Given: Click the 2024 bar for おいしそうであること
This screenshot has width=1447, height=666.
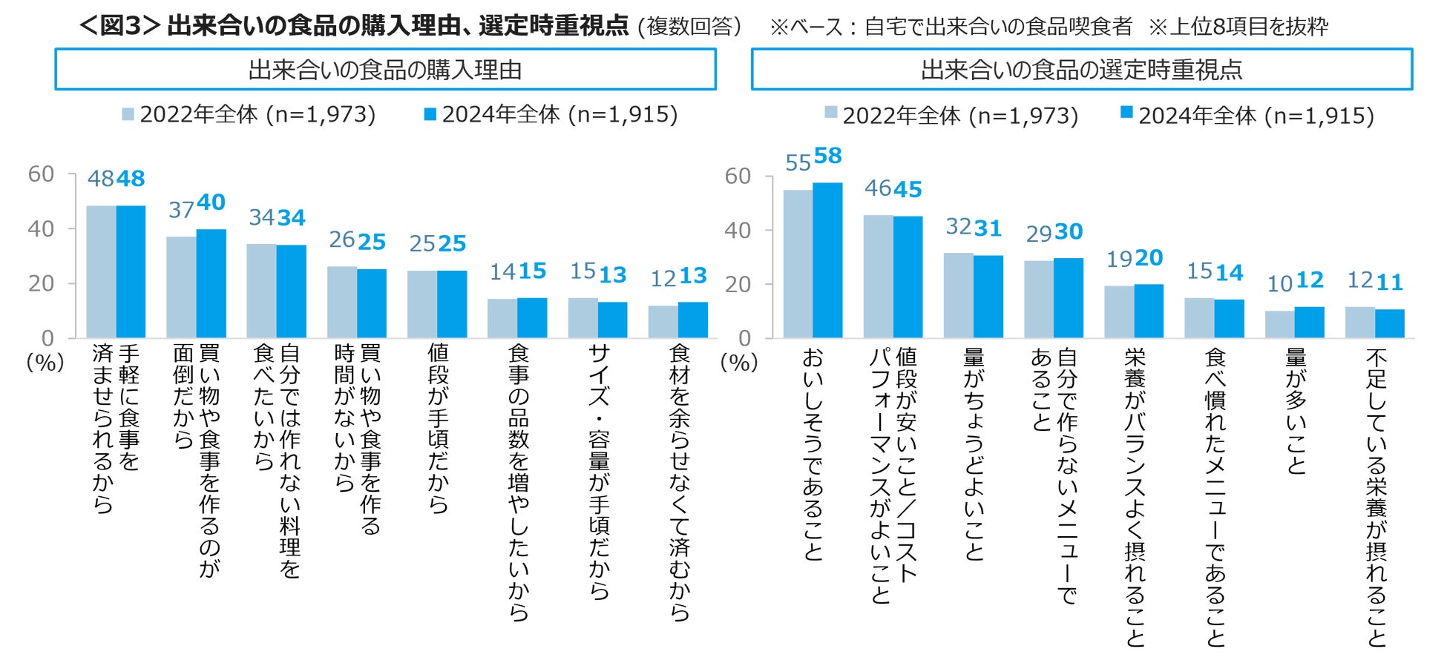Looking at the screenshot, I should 827,260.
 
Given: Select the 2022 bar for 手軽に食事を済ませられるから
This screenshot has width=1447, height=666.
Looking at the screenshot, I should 101,271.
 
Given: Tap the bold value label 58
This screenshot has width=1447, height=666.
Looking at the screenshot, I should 828,156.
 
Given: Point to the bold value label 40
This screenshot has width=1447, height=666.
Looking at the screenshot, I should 211,202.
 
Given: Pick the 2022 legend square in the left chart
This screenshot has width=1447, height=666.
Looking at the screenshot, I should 128,114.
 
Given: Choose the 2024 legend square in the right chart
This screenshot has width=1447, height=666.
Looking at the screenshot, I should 1126,113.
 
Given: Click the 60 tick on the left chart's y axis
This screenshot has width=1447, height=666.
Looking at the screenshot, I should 41,174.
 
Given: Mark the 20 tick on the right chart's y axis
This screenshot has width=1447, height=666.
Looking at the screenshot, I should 738,284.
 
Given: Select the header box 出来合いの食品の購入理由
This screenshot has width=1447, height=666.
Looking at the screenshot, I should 385,70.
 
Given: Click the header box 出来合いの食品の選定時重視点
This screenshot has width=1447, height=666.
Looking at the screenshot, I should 1081,70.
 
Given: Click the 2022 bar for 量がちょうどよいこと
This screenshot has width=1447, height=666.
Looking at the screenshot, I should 958,295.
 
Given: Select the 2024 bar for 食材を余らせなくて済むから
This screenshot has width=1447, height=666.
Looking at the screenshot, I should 693,320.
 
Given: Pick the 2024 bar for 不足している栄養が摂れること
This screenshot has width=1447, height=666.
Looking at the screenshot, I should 1389,323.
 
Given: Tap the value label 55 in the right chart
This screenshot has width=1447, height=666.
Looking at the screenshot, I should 798,163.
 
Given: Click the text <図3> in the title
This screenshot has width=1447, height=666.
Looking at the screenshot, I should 119,26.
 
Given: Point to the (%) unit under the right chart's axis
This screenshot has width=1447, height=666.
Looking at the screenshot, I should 739,363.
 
